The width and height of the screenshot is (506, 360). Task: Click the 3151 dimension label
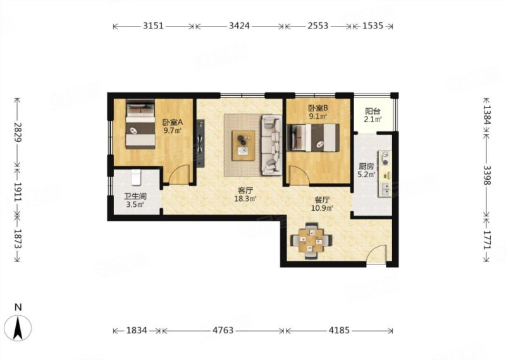point(153,26)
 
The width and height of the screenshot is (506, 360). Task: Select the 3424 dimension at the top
point(240,26)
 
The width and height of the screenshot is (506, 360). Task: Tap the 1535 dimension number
point(373,26)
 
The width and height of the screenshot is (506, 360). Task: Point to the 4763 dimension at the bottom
point(223,330)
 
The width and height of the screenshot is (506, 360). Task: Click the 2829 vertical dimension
point(18,132)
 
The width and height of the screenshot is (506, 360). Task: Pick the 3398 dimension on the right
point(487,175)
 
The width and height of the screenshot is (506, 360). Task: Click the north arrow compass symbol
point(19,326)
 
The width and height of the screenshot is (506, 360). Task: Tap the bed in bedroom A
point(140,124)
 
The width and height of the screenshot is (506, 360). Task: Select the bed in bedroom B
point(313,137)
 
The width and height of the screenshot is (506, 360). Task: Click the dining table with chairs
point(311,240)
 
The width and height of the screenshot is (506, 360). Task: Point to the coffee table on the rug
point(244,145)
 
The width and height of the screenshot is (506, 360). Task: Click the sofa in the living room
point(271,145)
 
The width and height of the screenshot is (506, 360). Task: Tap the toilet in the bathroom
point(136,177)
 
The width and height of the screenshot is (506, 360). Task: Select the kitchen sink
point(385,189)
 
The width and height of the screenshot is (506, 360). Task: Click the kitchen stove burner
point(385,158)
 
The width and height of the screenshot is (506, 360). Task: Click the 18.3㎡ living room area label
point(245,199)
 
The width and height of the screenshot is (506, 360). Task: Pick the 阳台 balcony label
point(373,111)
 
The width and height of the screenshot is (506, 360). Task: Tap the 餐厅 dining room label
point(322,200)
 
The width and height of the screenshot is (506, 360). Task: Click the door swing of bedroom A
point(179,175)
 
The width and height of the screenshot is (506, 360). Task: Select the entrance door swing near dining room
point(376,255)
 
